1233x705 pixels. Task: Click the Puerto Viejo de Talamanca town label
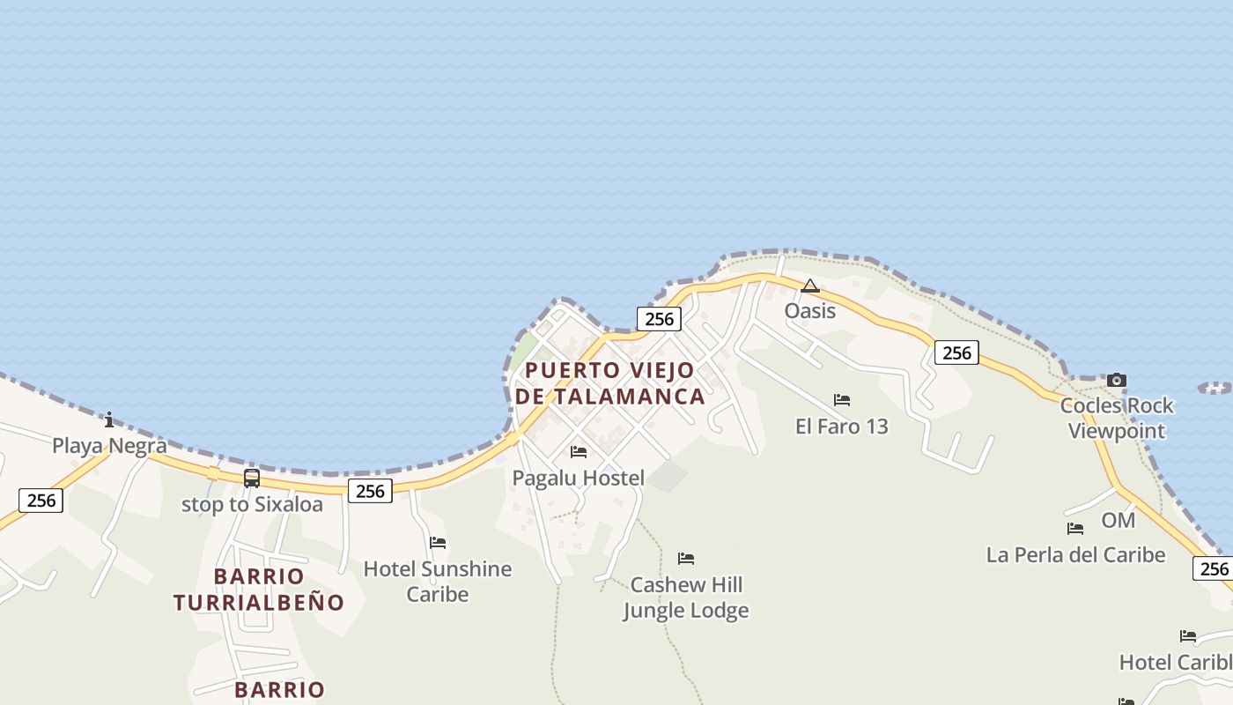[x=609, y=383]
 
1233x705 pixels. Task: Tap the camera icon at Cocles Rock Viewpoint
[x=1116, y=381]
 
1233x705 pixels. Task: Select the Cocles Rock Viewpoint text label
[x=1116, y=418]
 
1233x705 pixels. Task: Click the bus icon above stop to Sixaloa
[x=252, y=479]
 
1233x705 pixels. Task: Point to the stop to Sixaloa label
[x=252, y=505]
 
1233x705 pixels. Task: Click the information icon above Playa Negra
[x=109, y=419]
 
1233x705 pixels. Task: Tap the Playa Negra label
[x=109, y=445]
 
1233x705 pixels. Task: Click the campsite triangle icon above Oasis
[x=810, y=286]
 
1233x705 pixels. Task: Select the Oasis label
[x=810, y=311]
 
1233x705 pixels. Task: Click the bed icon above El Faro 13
[x=842, y=400]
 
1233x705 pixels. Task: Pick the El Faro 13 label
[x=842, y=427]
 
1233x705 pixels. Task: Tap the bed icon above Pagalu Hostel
[x=579, y=452]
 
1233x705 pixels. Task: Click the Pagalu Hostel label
[x=579, y=479]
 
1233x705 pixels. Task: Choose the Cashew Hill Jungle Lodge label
[x=686, y=597]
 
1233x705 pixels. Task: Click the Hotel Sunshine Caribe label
[x=438, y=582]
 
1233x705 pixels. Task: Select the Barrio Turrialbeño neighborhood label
[x=259, y=590]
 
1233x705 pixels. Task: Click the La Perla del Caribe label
[x=1075, y=555]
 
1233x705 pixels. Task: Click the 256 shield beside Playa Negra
[x=41, y=501]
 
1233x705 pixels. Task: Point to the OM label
[x=1119, y=521]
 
